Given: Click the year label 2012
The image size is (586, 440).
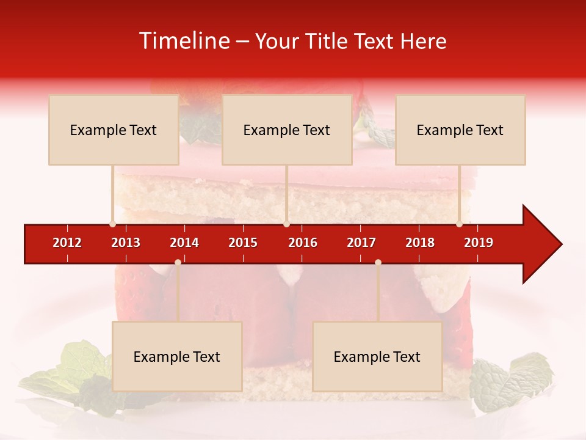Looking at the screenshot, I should [x=67, y=243].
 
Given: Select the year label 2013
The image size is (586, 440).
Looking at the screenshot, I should [x=126, y=243].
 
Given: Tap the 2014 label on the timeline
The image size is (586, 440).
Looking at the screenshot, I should [x=184, y=243].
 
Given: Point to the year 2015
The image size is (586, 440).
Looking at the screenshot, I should [x=243, y=243].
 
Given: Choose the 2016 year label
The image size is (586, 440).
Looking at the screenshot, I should [x=303, y=243].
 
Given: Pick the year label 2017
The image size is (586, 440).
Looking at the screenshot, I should [x=361, y=243].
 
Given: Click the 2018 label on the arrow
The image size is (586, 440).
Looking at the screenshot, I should [x=420, y=243].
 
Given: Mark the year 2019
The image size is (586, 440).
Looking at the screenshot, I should [x=479, y=243].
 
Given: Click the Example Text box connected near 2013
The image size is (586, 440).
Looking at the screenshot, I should [x=114, y=130].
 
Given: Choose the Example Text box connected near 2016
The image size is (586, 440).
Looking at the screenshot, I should [x=287, y=130].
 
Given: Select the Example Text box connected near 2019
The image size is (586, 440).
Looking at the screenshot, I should [x=460, y=130].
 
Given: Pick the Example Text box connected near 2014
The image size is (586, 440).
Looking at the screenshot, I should [x=177, y=356].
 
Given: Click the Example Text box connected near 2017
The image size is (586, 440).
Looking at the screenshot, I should [x=377, y=356].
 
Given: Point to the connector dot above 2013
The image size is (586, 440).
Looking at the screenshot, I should [x=112, y=224].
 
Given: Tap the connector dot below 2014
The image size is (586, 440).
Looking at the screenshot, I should [x=178, y=262].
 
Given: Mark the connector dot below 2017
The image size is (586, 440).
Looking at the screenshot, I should [x=378, y=262].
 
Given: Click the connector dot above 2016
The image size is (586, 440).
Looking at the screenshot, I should [x=286, y=224].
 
